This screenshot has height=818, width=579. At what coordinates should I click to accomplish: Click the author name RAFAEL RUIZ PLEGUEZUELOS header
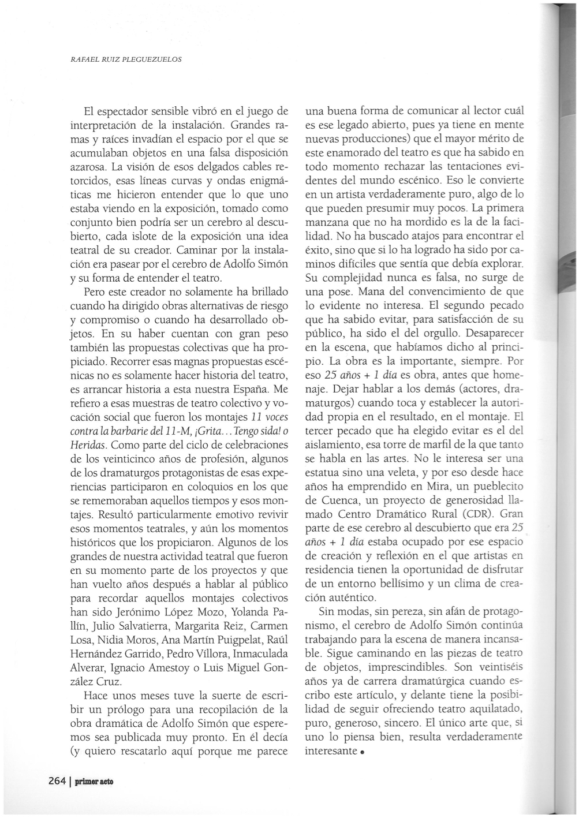126,59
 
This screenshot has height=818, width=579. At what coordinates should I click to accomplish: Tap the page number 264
57,782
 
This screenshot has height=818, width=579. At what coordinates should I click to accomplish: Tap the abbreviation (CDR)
476,514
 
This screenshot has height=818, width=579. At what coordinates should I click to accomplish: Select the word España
238,390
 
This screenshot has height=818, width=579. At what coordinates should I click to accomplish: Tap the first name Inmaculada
259,654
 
